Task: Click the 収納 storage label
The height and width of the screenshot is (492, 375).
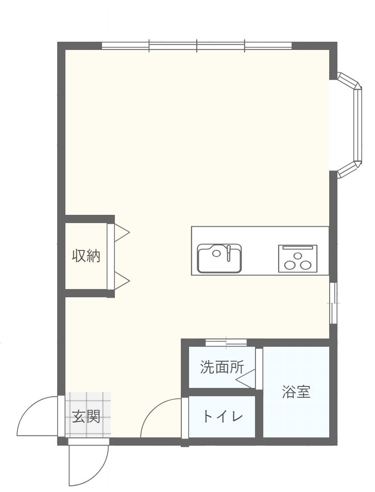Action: (x=86, y=256)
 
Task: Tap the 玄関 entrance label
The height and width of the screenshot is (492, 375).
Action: (x=86, y=416)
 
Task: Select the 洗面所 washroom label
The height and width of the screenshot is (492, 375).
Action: (x=221, y=367)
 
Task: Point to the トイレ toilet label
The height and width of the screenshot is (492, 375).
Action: (x=222, y=416)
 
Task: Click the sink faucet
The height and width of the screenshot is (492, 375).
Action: (x=228, y=252)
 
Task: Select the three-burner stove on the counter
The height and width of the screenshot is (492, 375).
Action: (x=298, y=259)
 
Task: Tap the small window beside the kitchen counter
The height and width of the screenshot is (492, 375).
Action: (x=333, y=303)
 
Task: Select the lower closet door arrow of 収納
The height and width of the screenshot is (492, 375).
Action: (x=121, y=281)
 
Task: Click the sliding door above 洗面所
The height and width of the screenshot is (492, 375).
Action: (x=226, y=342)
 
